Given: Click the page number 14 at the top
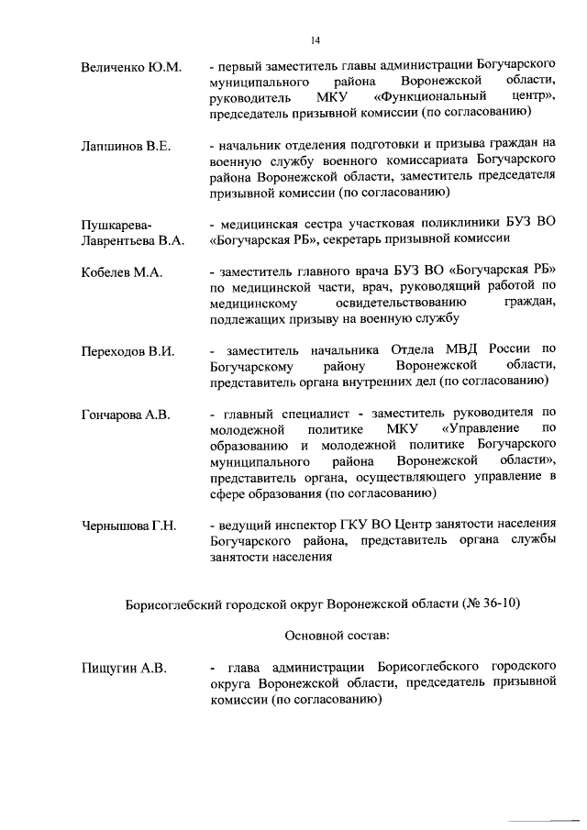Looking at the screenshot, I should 315,39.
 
